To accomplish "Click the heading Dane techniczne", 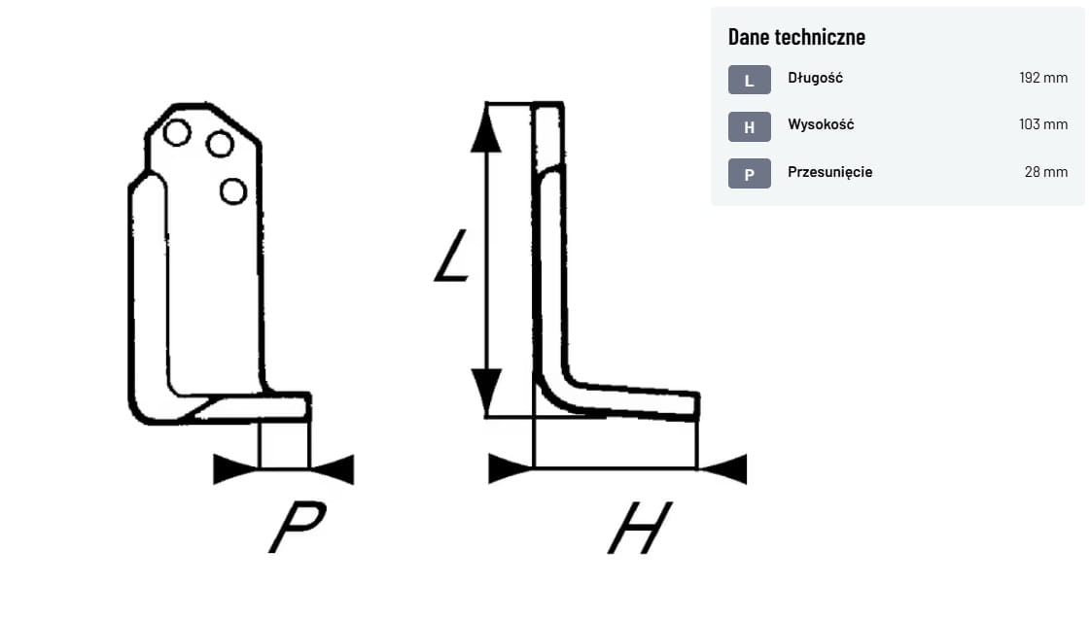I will pyautogui.click(x=796, y=37).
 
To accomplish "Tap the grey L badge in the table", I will pyautogui.click(x=749, y=80).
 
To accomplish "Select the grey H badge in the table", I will pyautogui.click(x=749, y=126).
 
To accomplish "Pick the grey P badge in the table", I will pyautogui.click(x=749, y=174).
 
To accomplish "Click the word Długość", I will pyautogui.click(x=815, y=78).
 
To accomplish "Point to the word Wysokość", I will pyautogui.click(x=821, y=124).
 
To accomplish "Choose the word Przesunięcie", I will pyautogui.click(x=829, y=172).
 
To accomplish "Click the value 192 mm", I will pyautogui.click(x=1043, y=78).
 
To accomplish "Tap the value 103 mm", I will pyautogui.click(x=1043, y=124).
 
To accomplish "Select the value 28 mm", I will pyautogui.click(x=1045, y=172).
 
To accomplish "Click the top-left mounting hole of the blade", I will pyautogui.click(x=177, y=131).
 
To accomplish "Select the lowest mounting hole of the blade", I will pyautogui.click(x=233, y=191).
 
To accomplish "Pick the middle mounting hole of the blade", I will pyautogui.click(x=221, y=145).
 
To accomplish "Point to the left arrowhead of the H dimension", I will pyautogui.click(x=510, y=468).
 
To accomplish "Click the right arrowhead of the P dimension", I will pyautogui.click(x=334, y=469).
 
